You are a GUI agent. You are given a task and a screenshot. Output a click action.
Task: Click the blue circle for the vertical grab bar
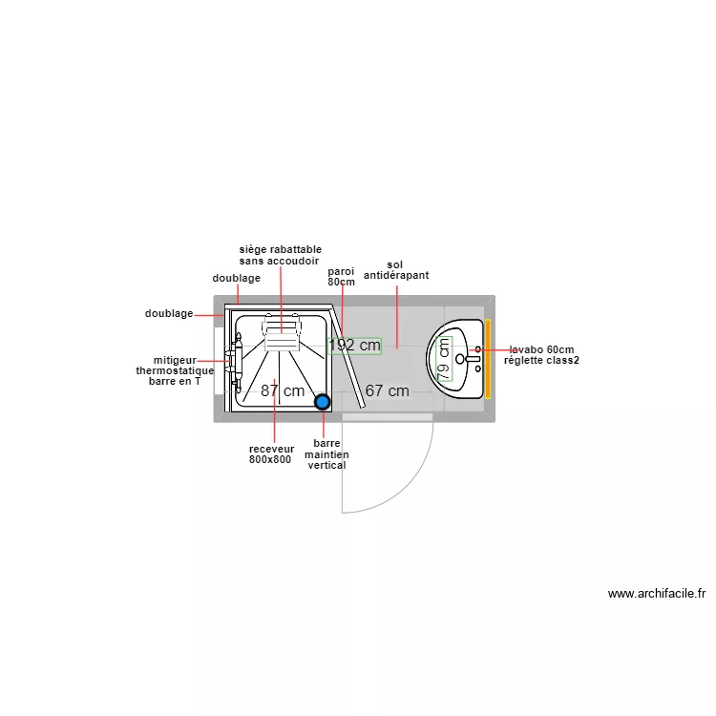(x=323, y=403)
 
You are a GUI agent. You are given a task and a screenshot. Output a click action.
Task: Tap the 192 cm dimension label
(x=354, y=346)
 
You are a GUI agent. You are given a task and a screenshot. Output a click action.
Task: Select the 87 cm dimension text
(x=283, y=390)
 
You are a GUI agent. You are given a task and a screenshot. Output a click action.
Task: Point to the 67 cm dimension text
(x=387, y=390)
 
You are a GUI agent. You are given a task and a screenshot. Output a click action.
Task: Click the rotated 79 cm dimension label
(x=444, y=359)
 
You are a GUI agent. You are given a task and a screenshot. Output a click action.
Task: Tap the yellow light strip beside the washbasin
(x=487, y=359)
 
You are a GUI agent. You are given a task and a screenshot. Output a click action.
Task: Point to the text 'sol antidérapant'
(x=395, y=270)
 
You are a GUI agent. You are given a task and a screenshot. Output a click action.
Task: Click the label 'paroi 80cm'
(x=341, y=277)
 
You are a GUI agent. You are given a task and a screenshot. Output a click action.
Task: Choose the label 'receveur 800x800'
(x=270, y=454)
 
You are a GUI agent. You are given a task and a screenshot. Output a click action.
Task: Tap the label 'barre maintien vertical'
(x=326, y=454)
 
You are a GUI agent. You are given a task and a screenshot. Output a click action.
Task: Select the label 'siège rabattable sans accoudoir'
(x=280, y=255)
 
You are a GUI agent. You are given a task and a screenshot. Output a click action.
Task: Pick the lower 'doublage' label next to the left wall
(x=168, y=313)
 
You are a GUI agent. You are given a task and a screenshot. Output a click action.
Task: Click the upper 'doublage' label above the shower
(x=236, y=278)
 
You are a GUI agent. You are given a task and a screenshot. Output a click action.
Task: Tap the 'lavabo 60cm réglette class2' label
(x=543, y=355)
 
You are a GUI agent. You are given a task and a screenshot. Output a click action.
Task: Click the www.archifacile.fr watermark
(x=657, y=593)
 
